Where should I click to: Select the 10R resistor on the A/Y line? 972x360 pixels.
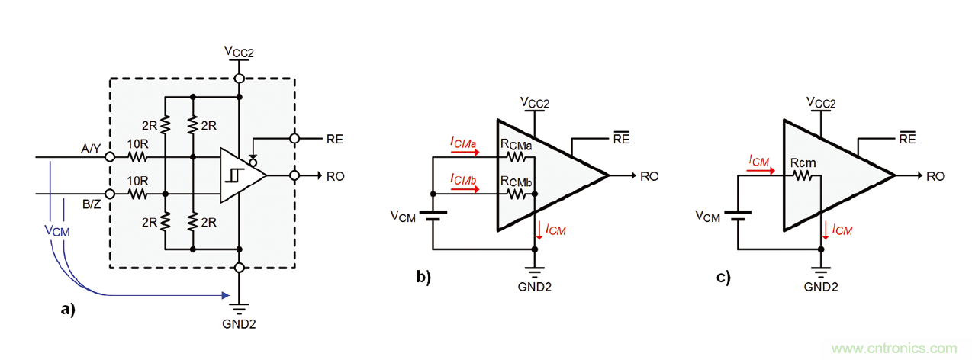(137, 158)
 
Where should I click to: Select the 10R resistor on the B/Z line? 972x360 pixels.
(137, 194)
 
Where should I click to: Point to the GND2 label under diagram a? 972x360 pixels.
(240, 323)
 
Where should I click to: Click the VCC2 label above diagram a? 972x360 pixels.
(239, 51)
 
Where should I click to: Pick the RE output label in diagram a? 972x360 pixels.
(334, 139)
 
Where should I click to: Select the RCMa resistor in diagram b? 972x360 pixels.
(517, 158)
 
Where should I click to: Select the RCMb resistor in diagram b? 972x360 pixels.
(517, 194)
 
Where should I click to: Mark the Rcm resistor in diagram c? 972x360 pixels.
(803, 175)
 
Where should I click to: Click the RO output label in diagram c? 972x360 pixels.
(935, 176)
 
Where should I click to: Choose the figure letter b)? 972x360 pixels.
(423, 277)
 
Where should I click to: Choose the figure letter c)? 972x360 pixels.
(723, 277)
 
